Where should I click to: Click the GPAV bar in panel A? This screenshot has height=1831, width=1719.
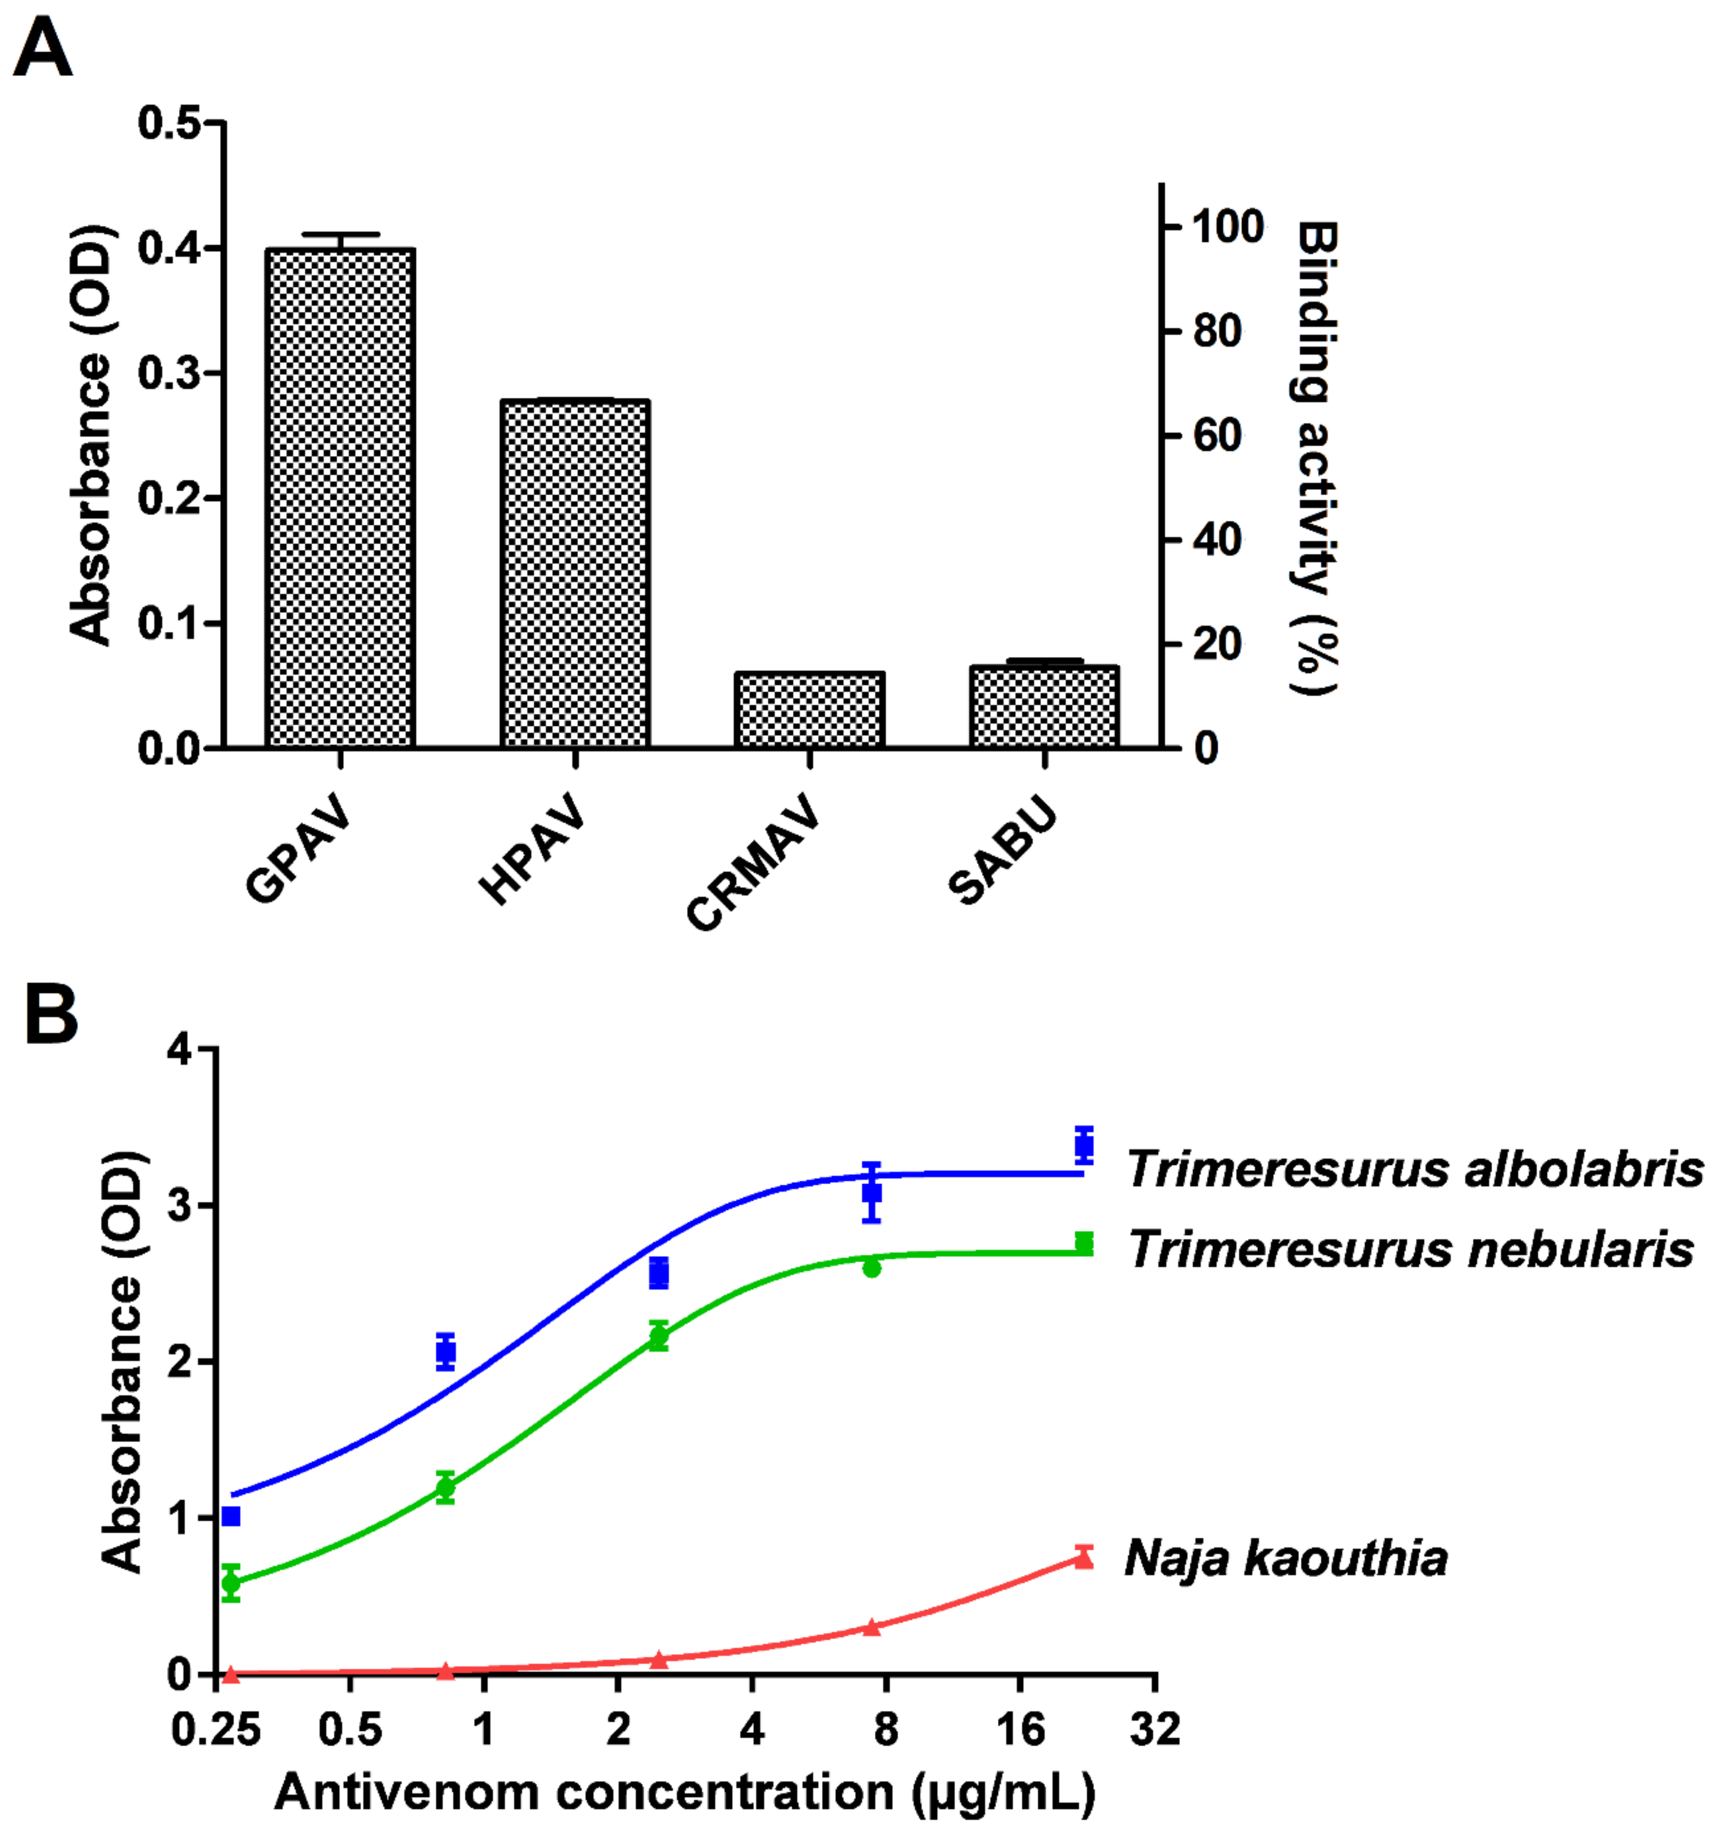point(340,497)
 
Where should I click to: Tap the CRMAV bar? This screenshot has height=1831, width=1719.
point(809,709)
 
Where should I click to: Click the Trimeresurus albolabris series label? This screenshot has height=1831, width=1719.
point(1414,1170)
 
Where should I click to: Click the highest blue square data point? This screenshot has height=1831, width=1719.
point(1084,1146)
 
